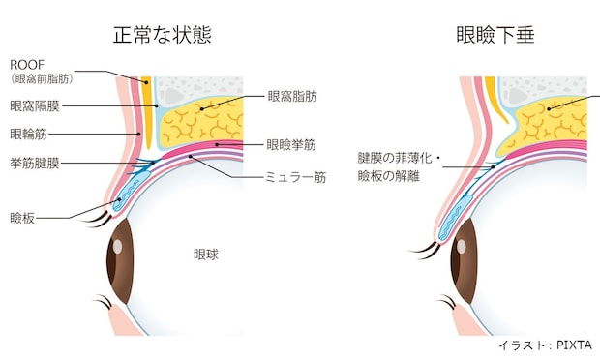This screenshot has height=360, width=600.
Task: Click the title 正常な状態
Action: tap(163, 35)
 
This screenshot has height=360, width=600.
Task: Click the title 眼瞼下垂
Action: tap(495, 35)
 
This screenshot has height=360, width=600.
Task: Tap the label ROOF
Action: tap(27, 65)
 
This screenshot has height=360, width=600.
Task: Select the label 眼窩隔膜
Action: tap(35, 106)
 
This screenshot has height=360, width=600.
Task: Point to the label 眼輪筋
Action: tap(28, 135)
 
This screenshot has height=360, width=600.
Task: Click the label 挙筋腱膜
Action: tap(35, 164)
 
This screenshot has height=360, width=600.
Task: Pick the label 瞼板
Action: tap(22, 218)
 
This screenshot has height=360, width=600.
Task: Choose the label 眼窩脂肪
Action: tap(292, 97)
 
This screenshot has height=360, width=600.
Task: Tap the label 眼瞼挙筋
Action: tap(291, 145)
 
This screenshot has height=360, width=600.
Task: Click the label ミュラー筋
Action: tap(295, 177)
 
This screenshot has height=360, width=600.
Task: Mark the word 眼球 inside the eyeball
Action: tap(206, 255)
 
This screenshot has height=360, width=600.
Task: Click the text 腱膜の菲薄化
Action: tap(395, 158)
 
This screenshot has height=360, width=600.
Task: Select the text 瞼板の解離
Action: tap(389, 176)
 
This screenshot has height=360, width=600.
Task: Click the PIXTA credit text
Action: tap(546, 345)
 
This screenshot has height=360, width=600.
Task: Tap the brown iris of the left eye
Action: tap(119, 261)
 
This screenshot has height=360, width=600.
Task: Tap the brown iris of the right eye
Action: tap(464, 261)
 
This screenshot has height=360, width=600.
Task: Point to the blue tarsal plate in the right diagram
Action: tap(455, 218)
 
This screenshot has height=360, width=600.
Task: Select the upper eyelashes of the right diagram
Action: tap(424, 251)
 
